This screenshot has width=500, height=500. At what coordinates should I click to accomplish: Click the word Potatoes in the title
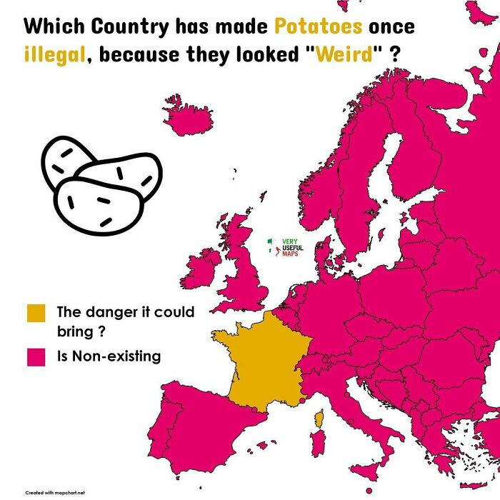point(319,27)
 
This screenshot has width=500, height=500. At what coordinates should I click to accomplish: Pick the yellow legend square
point(36,314)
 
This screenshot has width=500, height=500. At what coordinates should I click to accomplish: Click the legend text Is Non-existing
point(109,356)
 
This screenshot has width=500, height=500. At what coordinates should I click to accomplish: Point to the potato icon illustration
point(100,183)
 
